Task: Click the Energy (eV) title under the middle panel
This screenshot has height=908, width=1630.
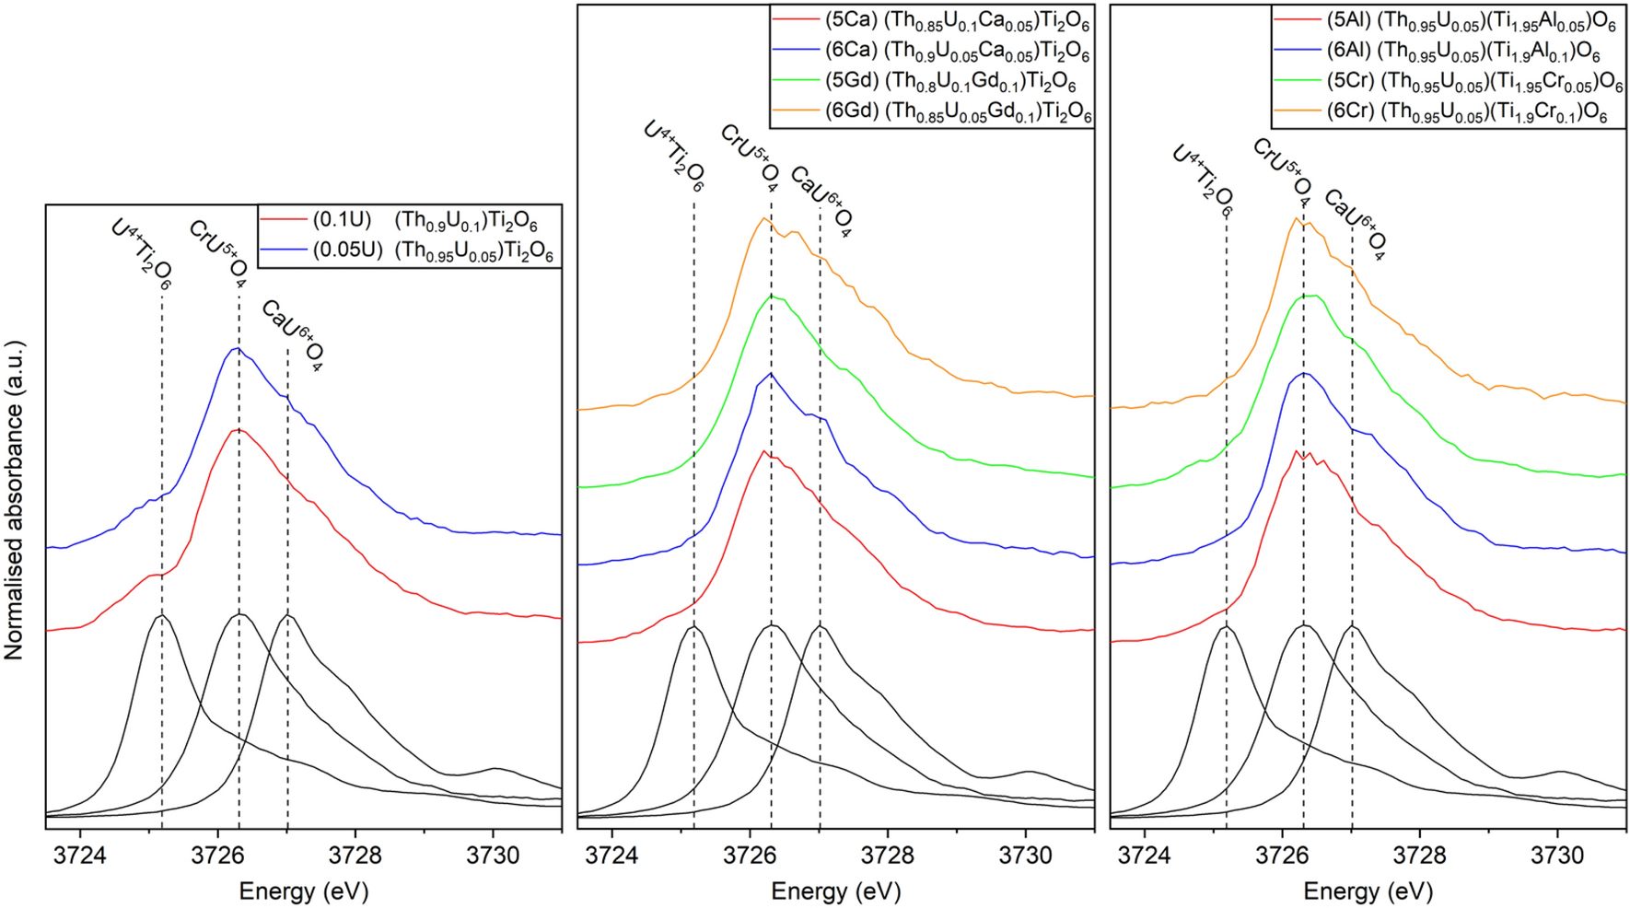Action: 836,891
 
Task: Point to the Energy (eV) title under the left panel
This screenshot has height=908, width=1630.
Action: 304,891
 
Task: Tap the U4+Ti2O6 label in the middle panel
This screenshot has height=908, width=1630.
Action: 674,155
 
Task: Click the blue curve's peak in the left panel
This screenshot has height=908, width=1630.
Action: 237,348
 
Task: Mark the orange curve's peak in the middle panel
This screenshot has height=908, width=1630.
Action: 763,218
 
